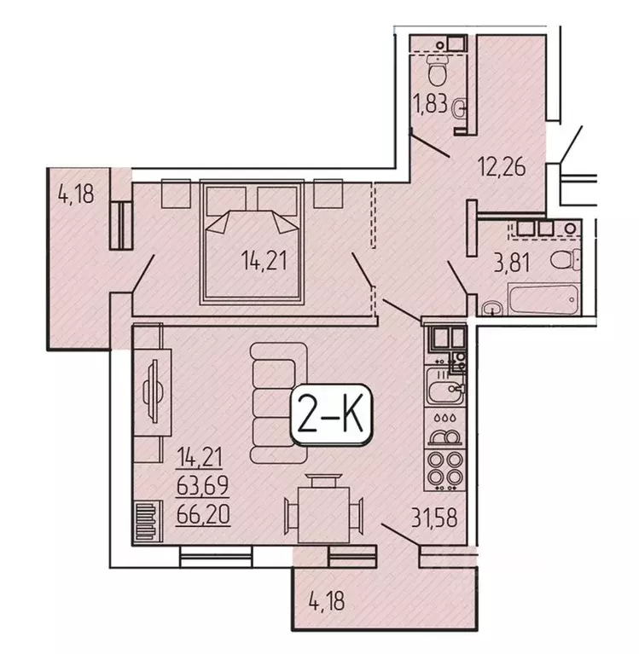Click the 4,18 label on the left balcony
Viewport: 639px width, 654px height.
pyautogui.click(x=75, y=194)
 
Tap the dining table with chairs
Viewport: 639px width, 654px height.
pyautogui.click(x=324, y=511)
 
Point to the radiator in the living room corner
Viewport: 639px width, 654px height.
pyautogui.click(x=146, y=518)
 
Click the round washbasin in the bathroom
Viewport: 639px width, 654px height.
pyautogui.click(x=492, y=308)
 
